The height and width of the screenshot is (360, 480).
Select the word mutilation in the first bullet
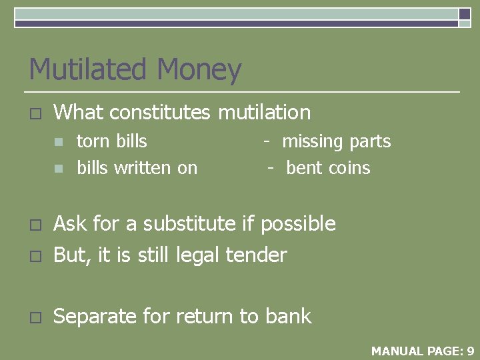(x=265, y=113)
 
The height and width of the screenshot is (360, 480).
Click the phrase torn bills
(x=112, y=141)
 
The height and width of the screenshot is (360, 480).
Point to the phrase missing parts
(x=336, y=141)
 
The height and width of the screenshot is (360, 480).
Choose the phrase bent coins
(x=327, y=168)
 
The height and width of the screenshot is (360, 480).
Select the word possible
(x=298, y=225)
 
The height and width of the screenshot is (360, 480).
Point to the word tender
(x=257, y=255)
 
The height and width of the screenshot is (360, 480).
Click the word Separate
(x=96, y=317)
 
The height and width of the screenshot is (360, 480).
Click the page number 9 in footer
(x=470, y=351)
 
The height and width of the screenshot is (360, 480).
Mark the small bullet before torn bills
(x=59, y=142)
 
